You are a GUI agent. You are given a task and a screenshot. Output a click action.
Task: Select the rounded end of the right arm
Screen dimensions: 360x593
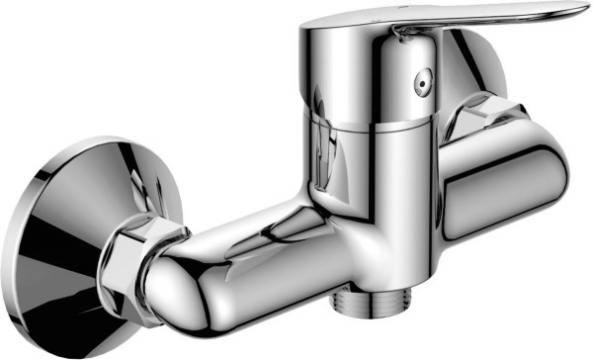click(x=558, y=168)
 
